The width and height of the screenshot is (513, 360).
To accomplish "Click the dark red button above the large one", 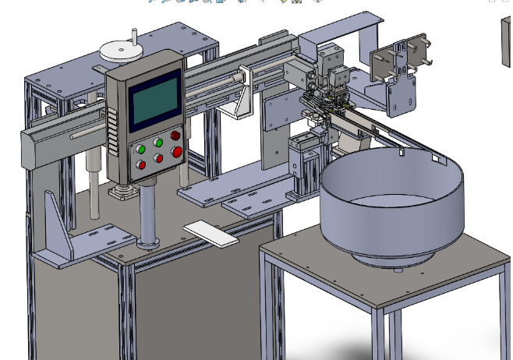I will (x=176, y=136).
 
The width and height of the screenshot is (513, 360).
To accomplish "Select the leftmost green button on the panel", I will (x=141, y=148).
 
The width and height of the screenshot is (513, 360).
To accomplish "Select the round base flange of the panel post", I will (x=148, y=243).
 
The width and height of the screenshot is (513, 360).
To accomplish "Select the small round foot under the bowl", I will (x=398, y=269).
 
